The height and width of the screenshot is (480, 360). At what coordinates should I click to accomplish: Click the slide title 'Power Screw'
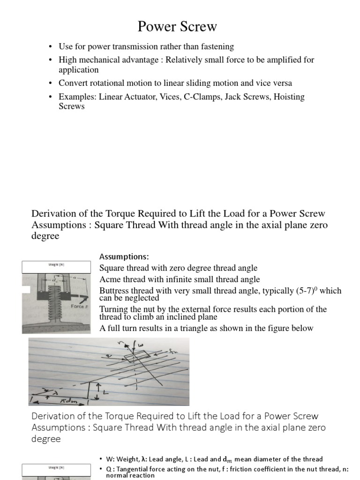(177, 27)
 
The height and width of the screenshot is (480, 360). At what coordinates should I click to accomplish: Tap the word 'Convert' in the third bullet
(72, 83)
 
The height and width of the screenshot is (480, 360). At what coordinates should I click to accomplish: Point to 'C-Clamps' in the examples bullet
(195, 97)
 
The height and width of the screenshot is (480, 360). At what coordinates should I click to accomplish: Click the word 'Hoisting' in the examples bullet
(285, 97)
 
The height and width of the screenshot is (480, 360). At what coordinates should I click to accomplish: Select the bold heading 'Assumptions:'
(124, 257)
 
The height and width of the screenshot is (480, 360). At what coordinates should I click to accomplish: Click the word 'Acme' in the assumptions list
(109, 279)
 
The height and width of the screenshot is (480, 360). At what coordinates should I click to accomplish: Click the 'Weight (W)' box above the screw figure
(56, 267)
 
